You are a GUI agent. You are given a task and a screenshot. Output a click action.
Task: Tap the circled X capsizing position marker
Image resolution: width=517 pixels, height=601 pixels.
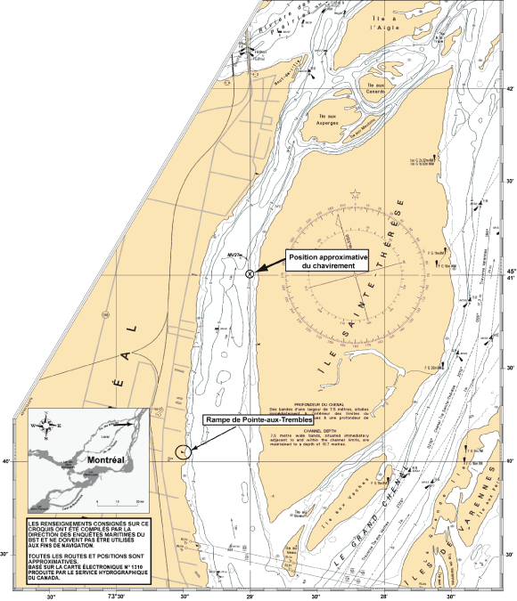point(250,273)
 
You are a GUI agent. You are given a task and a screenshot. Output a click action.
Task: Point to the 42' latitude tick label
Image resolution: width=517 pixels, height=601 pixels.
point(507,89)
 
